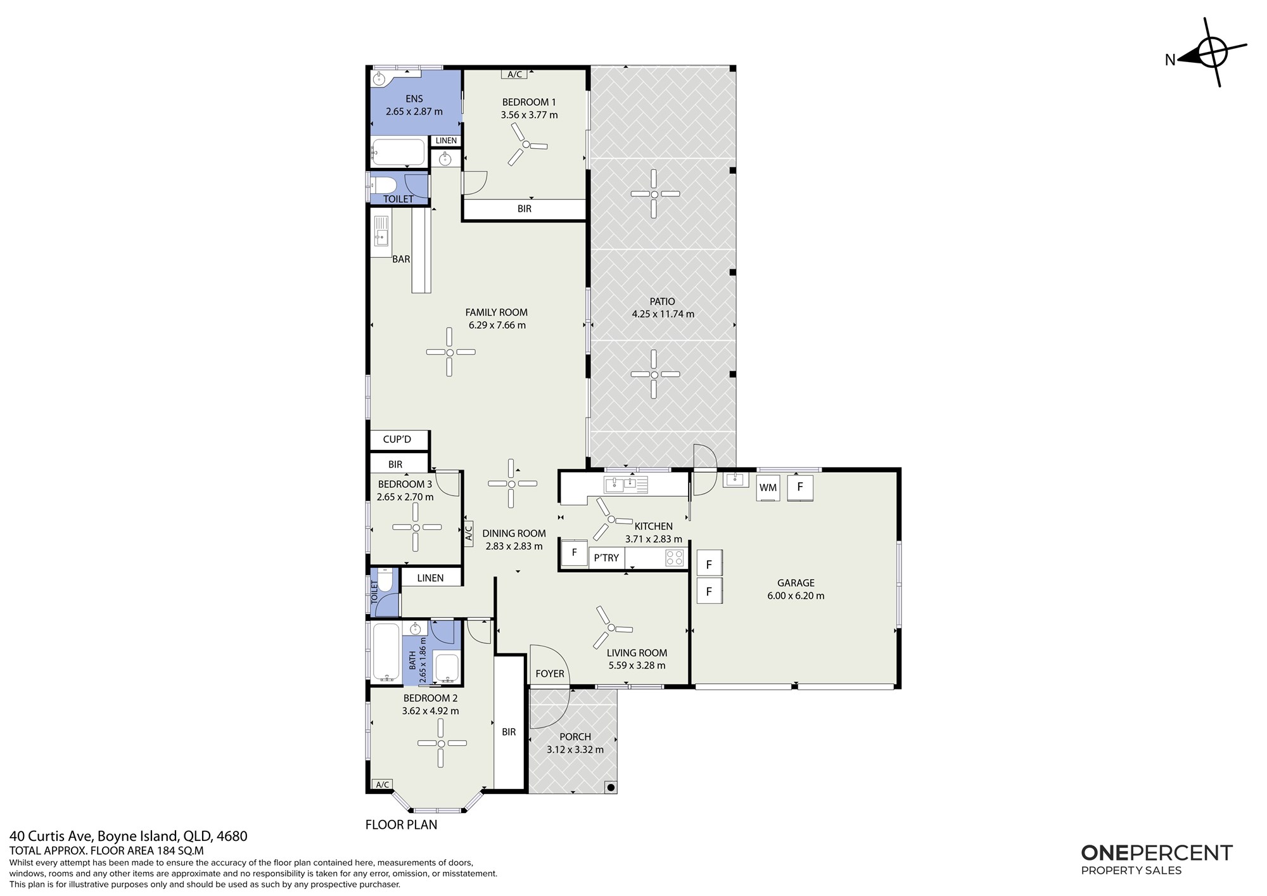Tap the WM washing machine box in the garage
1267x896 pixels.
[x=768, y=488]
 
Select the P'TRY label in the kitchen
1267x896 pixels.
[x=606, y=558]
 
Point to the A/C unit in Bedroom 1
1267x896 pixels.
[x=514, y=74]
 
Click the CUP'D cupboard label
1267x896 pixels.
[x=397, y=439]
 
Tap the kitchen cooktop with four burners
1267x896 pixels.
[x=675, y=558]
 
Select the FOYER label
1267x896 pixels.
[x=550, y=674]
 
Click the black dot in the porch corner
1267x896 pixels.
[x=610, y=788]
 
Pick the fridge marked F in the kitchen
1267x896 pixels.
[x=575, y=553]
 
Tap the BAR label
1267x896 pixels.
[x=401, y=259]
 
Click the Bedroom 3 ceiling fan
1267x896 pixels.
[x=416, y=527]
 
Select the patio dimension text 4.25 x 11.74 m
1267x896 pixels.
[x=663, y=314]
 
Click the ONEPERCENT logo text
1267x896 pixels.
[x=1157, y=853]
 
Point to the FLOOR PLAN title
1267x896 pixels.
[x=402, y=824]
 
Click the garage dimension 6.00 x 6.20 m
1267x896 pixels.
[x=796, y=596]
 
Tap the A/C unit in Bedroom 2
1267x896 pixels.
[x=382, y=785]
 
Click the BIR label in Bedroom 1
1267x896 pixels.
[x=525, y=208]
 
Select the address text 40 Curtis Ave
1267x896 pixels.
[x=51, y=836]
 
